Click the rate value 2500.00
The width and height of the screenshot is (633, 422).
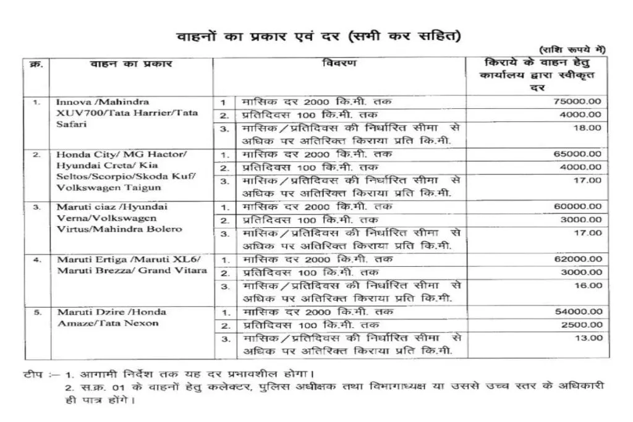click(581, 325)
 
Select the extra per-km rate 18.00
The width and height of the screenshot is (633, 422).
click(590, 128)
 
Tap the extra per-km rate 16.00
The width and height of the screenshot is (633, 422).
click(590, 285)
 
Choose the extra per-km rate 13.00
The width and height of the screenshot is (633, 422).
click(590, 338)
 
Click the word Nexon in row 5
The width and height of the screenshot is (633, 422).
click(144, 323)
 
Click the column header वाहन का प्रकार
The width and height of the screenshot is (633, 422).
click(131, 64)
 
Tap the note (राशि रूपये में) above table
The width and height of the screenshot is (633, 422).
click(572, 49)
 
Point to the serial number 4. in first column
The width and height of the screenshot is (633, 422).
click(37, 260)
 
